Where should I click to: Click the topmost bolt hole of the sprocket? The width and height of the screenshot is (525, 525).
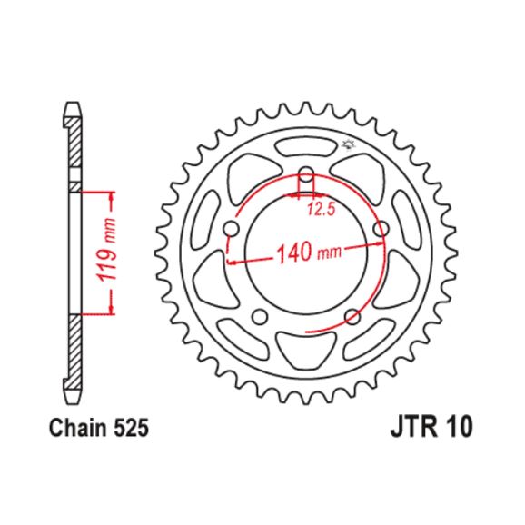click(x=306, y=174)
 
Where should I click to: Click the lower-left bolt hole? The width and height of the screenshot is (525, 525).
click(x=260, y=316)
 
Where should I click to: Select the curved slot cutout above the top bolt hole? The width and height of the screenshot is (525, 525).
click(x=306, y=146)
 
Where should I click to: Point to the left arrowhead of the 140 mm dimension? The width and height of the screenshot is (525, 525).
click(x=230, y=262)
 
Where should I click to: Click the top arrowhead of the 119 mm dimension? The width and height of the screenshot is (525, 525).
click(x=113, y=194)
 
